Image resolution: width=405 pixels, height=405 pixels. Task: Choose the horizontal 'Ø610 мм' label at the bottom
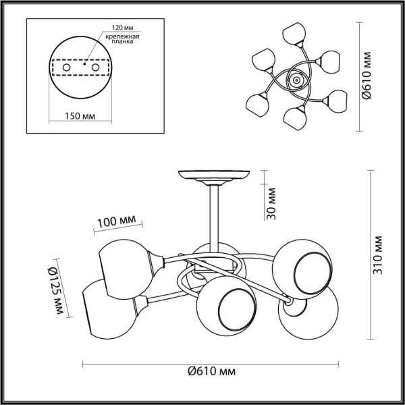[212, 371]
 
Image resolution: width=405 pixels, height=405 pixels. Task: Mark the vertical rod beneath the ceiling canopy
[213, 216]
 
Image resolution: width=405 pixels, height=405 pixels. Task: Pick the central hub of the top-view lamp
[294, 81]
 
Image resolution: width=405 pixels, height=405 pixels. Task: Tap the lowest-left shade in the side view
[108, 307]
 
